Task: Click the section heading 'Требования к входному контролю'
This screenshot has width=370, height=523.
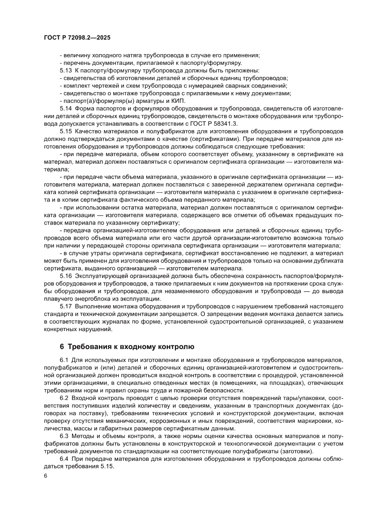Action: tap(131, 346)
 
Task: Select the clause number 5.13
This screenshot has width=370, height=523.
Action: tap(66, 71)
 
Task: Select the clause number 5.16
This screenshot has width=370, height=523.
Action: tap(66, 276)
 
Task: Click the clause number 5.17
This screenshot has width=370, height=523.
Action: tap(66, 306)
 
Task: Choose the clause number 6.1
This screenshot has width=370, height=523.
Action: tap(64, 360)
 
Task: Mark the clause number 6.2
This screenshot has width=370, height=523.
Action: tap(64, 398)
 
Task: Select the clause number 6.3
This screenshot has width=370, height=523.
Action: tap(64, 436)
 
